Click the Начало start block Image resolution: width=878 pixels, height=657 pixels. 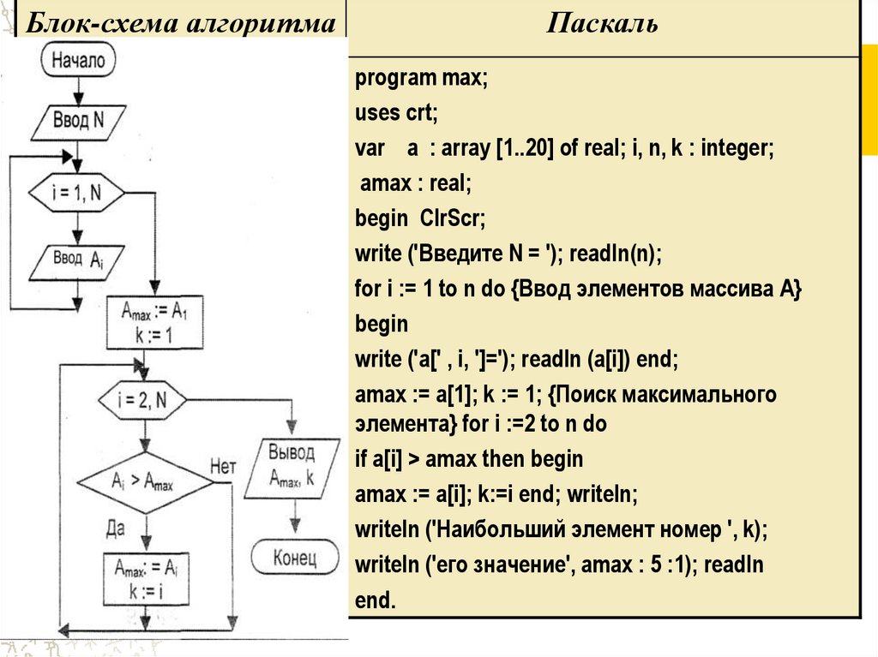click(x=78, y=60)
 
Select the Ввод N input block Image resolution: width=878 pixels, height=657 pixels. click(x=78, y=119)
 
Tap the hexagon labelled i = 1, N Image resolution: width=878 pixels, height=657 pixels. click(x=77, y=194)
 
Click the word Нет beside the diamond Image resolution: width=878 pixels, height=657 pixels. click(x=222, y=467)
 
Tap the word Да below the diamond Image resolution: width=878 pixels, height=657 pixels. click(x=116, y=528)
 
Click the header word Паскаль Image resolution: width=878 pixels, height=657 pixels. click(x=603, y=23)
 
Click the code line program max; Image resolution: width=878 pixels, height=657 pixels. click(x=421, y=78)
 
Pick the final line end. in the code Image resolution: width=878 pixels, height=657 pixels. click(x=376, y=600)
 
